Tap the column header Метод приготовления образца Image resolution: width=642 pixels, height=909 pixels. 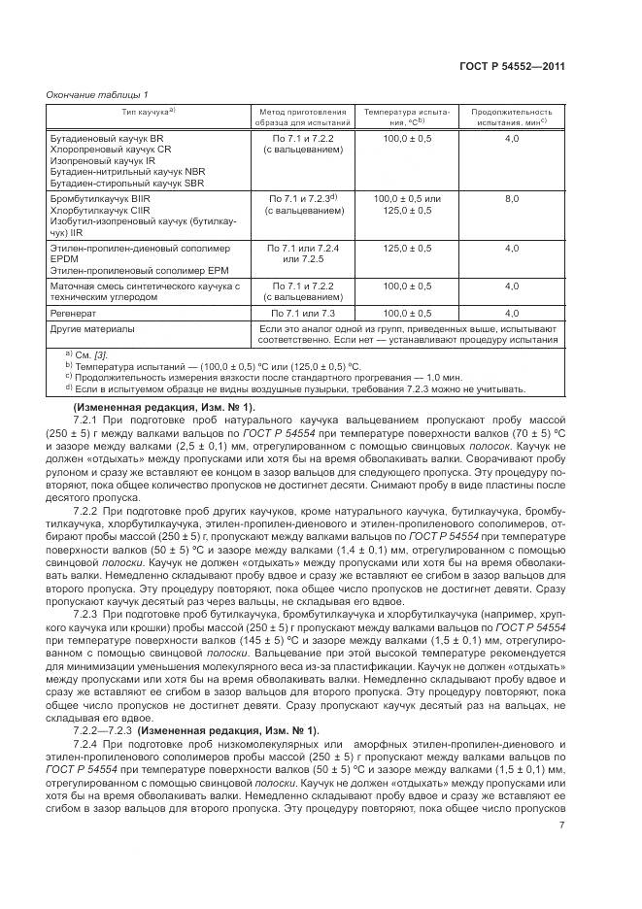click(302, 118)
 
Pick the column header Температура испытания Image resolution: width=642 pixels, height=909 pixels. click(407, 118)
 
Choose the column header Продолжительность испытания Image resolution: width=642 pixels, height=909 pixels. click(511, 118)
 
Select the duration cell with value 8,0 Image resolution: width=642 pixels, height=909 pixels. click(512, 198)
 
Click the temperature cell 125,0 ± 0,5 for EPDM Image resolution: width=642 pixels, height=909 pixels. click(407, 248)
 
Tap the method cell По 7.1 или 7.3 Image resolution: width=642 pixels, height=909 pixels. click(302, 314)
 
